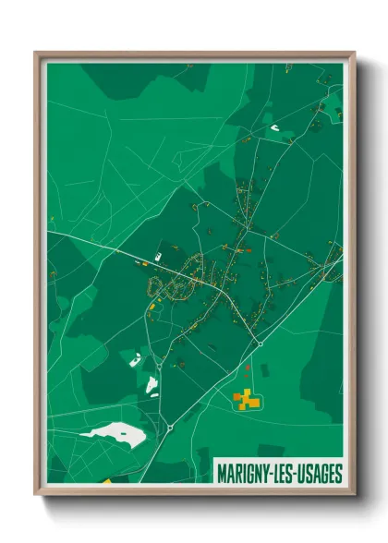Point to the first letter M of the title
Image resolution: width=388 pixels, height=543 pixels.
tap(222, 474)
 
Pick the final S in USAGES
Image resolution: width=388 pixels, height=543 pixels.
tap(339, 474)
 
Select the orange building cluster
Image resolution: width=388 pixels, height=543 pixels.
tap(245, 398)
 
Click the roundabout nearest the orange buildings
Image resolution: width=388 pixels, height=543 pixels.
tap(261, 344)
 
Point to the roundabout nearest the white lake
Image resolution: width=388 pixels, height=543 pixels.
tap(171, 428)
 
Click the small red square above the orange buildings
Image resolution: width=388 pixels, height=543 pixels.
tap(247, 368)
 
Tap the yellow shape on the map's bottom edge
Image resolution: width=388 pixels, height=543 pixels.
tap(105, 481)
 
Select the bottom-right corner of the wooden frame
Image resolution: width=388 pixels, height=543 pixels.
tap(356, 496)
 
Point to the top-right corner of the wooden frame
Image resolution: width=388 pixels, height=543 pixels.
tap(356, 52)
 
